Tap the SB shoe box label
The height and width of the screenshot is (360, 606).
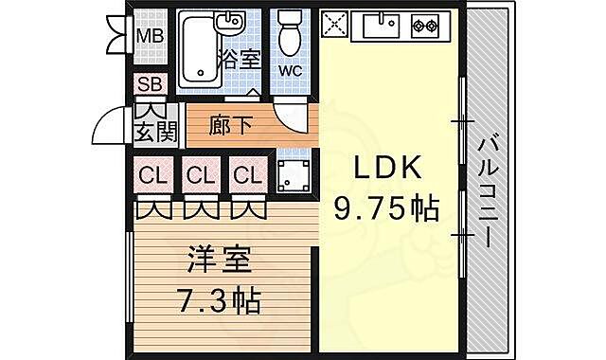(150, 84)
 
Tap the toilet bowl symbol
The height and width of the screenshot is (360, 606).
(290, 36)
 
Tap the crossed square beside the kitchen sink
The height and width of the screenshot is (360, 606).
(336, 26)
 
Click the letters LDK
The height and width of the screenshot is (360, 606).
(385, 169)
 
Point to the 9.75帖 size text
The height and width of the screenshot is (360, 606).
(385, 207)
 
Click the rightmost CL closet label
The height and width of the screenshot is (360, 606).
(246, 175)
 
